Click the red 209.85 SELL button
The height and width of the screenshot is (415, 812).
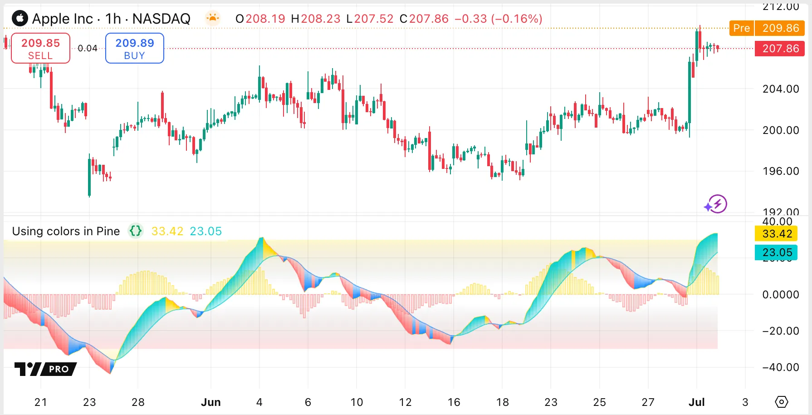pos(40,48)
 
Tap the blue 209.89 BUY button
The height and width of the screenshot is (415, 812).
pos(135,48)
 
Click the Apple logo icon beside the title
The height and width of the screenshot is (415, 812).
pos(20,19)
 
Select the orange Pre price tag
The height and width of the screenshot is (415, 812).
pos(741,28)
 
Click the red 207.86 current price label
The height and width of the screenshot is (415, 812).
pos(780,49)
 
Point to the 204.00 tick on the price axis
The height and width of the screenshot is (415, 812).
pos(780,89)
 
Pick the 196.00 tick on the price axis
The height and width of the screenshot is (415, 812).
pos(780,171)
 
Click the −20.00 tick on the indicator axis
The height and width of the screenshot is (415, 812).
pos(780,331)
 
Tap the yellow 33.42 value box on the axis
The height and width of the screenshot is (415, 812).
pos(777,234)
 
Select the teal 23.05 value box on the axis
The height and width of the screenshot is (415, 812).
pos(777,252)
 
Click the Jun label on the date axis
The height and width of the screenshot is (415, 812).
pos(210,402)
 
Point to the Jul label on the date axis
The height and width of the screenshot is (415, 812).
pos(696,402)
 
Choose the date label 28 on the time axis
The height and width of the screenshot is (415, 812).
pos(138,402)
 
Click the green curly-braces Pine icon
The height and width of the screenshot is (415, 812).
pos(136,231)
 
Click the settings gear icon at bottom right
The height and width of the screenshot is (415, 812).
pos(782,402)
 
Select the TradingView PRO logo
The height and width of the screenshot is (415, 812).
pos(45,369)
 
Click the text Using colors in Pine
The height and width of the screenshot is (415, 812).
pos(66,231)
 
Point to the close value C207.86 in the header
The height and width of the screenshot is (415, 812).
pos(424,19)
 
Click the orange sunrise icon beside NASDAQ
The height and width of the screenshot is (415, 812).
pos(212,18)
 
